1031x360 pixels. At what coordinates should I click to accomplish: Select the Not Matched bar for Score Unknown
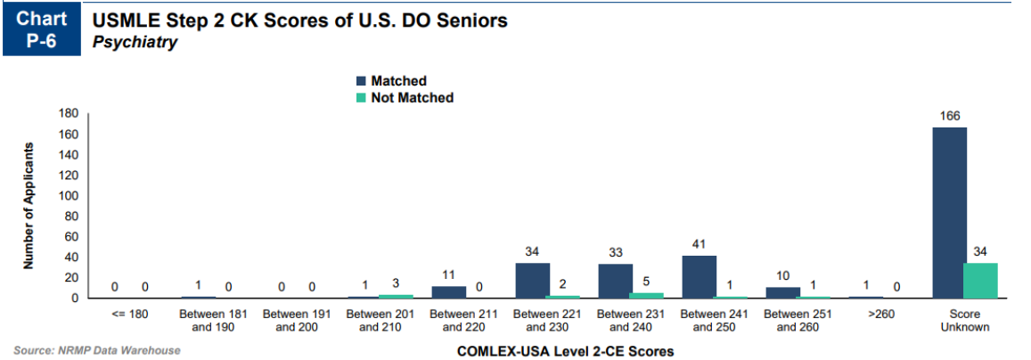(x=980, y=281)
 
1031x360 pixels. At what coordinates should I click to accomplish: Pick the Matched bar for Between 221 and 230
(x=533, y=281)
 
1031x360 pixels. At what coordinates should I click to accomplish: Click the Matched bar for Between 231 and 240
(x=616, y=282)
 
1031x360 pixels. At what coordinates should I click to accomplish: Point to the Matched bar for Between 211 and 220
(x=449, y=292)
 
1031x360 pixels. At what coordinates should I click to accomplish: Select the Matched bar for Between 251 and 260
(x=782, y=293)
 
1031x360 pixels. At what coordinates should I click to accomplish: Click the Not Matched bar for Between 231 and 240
(x=647, y=296)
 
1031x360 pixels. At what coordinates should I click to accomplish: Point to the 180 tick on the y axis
(x=70, y=114)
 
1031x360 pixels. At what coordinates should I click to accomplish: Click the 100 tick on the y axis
(x=70, y=196)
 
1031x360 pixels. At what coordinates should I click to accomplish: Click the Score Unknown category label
(x=965, y=320)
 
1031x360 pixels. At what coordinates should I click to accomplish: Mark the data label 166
(x=949, y=117)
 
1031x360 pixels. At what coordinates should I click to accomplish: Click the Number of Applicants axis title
(x=29, y=205)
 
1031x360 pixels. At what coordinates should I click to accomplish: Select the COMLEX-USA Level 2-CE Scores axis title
(x=565, y=351)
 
